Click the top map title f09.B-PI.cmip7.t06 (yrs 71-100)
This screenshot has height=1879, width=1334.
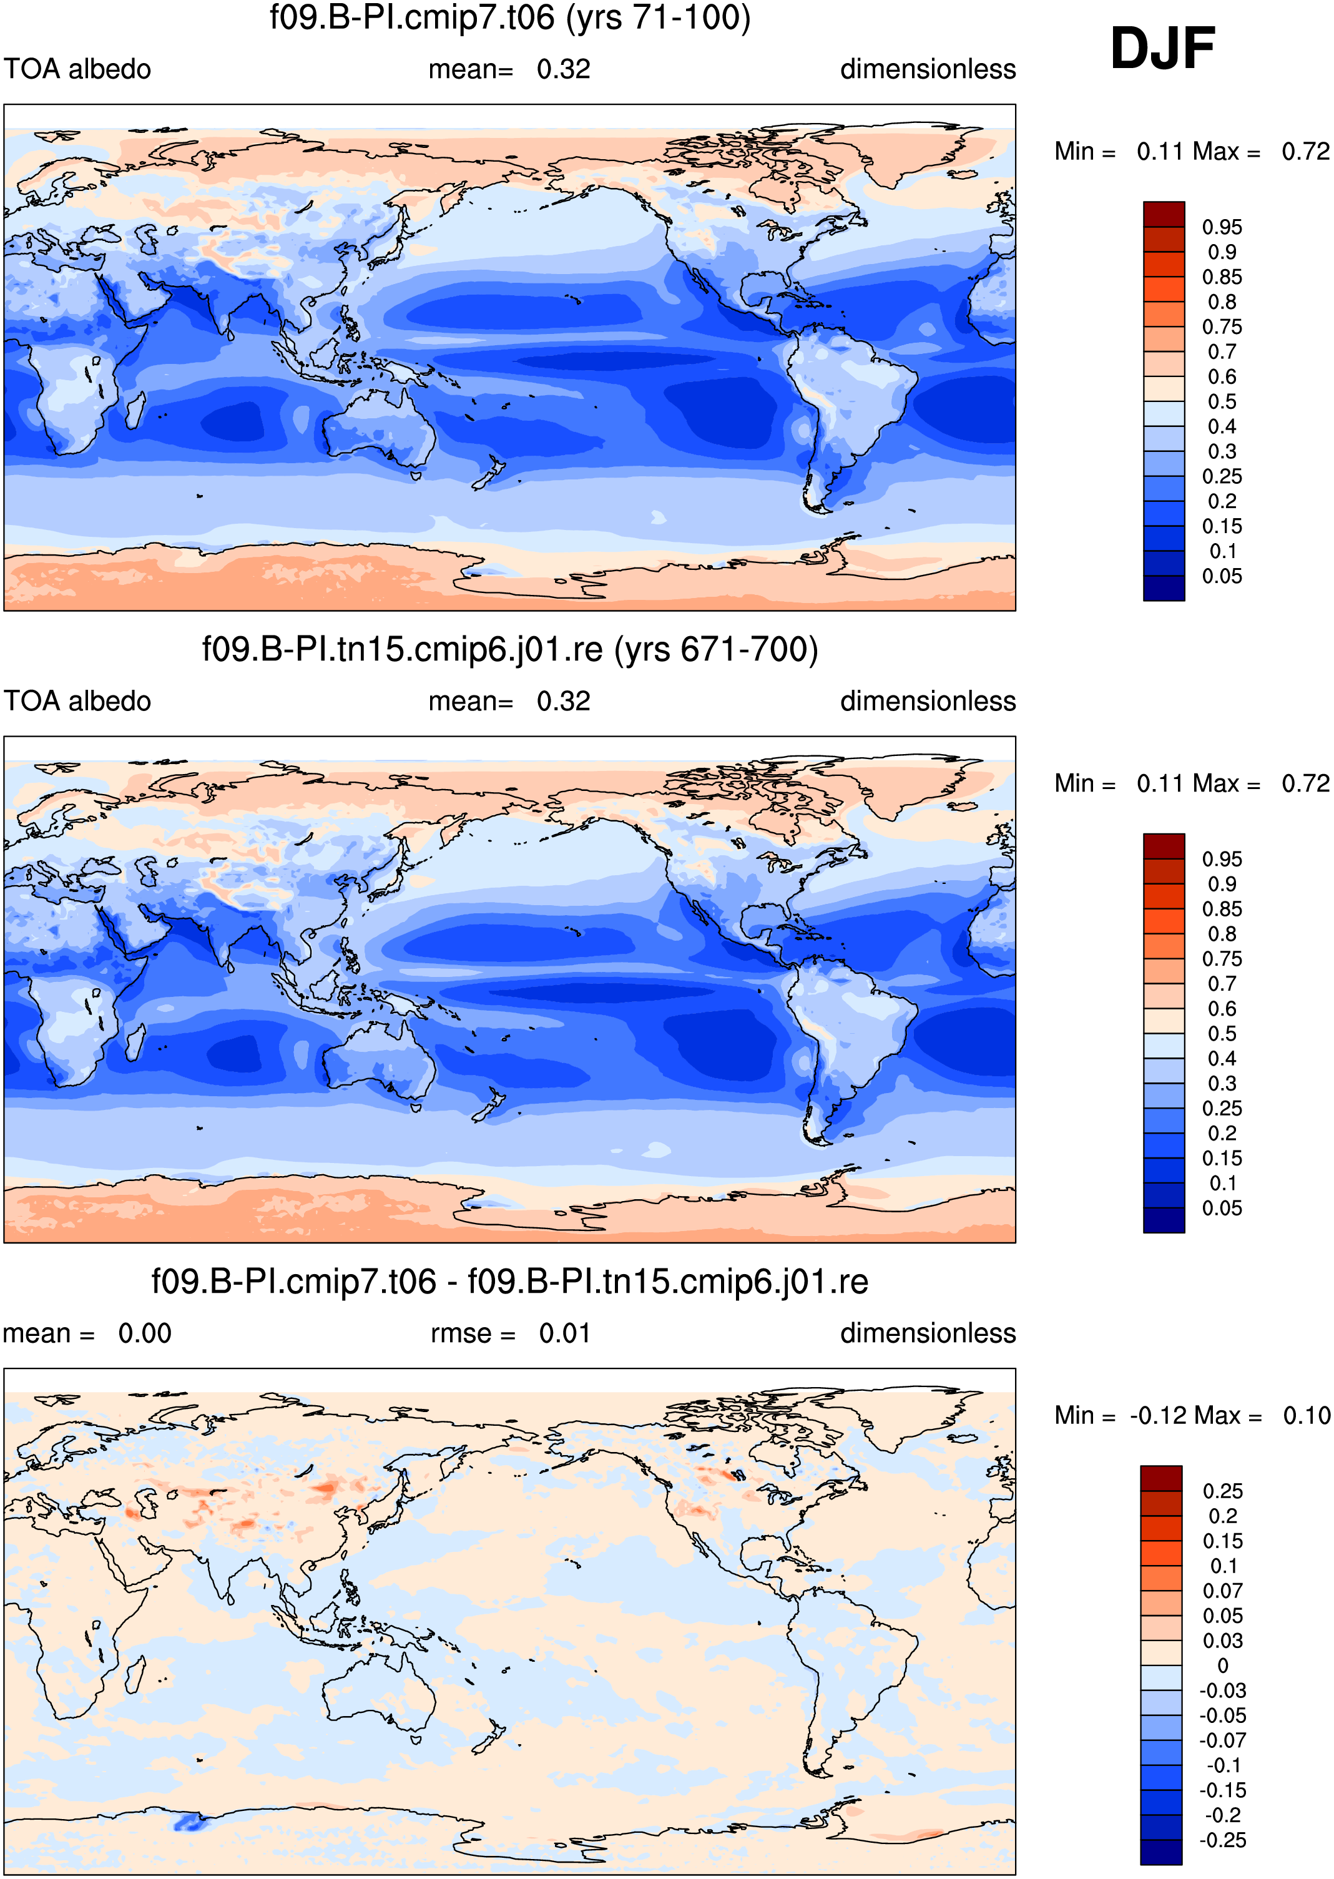tap(510, 17)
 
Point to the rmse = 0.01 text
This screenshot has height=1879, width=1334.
tap(510, 1333)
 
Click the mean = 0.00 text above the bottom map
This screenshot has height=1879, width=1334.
tap(87, 1333)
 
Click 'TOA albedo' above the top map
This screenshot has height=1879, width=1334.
tap(77, 69)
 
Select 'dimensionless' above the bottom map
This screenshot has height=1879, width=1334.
tap(928, 1333)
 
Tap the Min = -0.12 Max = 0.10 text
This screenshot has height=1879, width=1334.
tap(1192, 1415)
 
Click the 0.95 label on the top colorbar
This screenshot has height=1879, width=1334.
tap(1222, 227)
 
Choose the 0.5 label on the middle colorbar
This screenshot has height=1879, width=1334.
tap(1222, 1033)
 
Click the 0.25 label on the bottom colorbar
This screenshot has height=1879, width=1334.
tap(1223, 1491)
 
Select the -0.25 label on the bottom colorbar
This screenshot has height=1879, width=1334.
tap(1223, 1840)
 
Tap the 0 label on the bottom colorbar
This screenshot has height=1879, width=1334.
tap(1223, 1666)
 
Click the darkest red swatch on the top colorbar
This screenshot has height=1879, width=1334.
tap(1164, 214)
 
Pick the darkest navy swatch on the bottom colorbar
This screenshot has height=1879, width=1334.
tap(1162, 1853)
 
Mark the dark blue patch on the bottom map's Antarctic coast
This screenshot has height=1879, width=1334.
tap(190, 1822)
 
